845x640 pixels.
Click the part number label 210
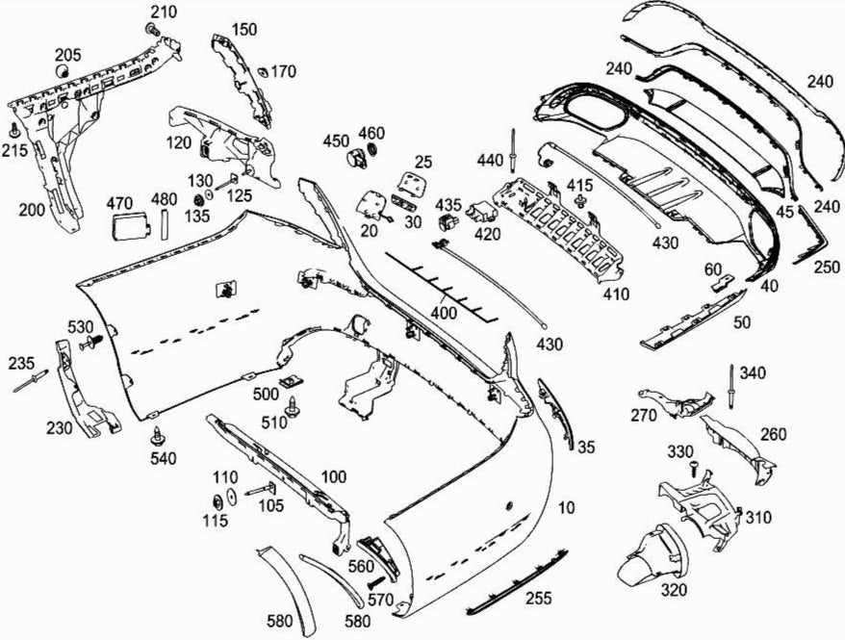coord(165,12)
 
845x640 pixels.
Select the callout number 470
coord(119,203)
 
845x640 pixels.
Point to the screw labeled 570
coord(373,581)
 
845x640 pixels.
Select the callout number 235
coord(21,363)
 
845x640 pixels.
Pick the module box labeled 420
coord(480,213)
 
